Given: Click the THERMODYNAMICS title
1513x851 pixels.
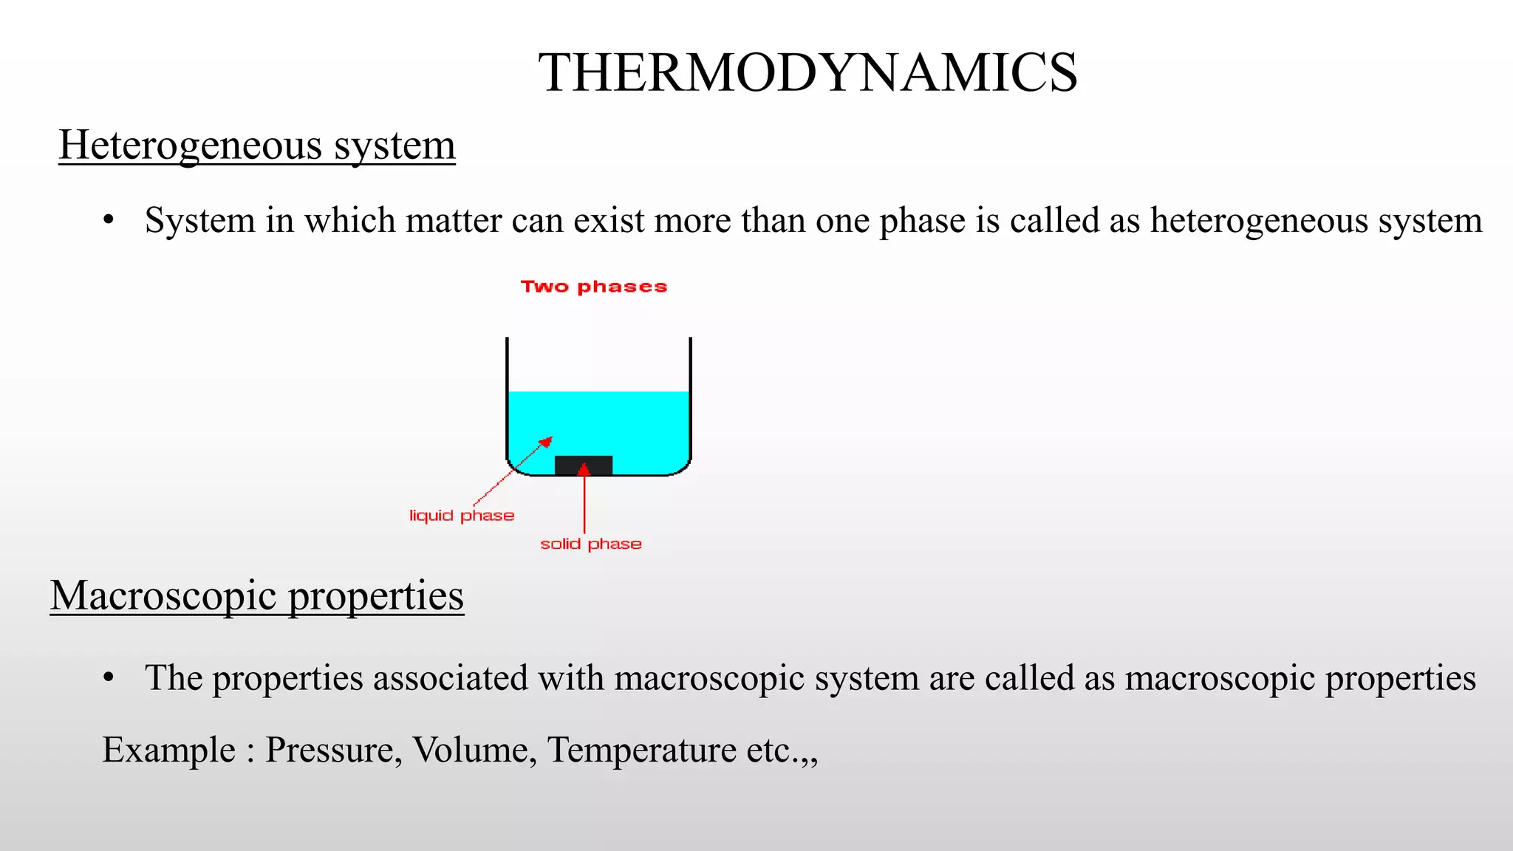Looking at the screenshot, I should click(x=807, y=73).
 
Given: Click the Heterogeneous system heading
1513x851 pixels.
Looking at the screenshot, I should click(x=257, y=145).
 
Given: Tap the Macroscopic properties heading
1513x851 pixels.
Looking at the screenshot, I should click(x=257, y=595).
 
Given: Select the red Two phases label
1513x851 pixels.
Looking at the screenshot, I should click(x=594, y=287).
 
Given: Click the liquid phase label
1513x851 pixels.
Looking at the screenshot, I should click(x=462, y=516).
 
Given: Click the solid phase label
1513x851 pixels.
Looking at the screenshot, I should click(x=590, y=544).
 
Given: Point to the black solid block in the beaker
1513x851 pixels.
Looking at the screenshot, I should click(x=583, y=465).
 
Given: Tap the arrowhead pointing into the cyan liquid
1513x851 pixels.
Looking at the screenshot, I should click(x=546, y=442).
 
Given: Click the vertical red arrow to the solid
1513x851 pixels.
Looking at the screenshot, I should click(x=584, y=502).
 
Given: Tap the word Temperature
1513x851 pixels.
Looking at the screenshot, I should click(x=641, y=751).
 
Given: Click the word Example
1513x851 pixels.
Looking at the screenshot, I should click(x=169, y=751).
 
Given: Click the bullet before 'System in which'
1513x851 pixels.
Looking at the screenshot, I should click(x=109, y=220).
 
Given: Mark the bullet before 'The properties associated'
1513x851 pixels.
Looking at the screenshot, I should click(x=109, y=677).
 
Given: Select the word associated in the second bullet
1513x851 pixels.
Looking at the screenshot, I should click(x=450, y=678).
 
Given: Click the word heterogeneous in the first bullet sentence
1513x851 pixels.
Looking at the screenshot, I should click(x=1259, y=221).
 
